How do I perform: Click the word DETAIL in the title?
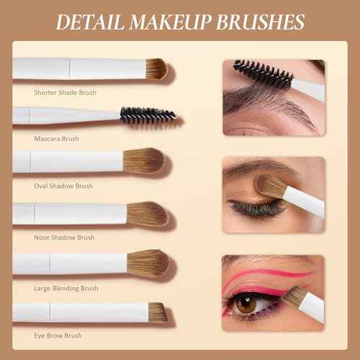click(x=90, y=22)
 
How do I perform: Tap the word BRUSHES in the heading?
click(x=261, y=22)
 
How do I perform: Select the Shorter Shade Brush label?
click(x=65, y=93)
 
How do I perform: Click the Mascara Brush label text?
click(x=56, y=139)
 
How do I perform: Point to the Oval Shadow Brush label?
click(x=63, y=186)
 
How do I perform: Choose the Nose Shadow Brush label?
click(x=64, y=238)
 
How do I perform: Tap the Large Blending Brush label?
click(x=66, y=289)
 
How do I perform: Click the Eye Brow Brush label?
click(x=58, y=336)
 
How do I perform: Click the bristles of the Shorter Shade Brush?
click(x=156, y=69)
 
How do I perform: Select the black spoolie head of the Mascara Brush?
click(x=148, y=116)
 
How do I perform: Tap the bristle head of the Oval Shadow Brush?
click(x=144, y=161)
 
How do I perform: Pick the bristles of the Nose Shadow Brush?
click(x=148, y=215)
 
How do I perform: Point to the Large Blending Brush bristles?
click(x=148, y=263)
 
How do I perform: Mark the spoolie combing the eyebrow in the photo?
click(x=264, y=73)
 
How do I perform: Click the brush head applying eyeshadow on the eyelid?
click(x=270, y=186)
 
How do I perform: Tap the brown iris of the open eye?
click(x=246, y=303)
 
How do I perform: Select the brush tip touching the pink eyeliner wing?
click(x=294, y=296)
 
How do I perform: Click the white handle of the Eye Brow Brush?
click(x=81, y=312)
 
